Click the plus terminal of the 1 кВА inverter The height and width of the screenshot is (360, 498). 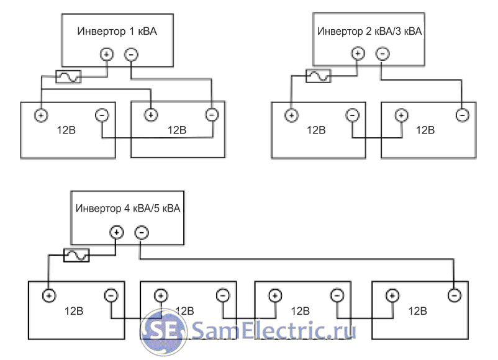106,55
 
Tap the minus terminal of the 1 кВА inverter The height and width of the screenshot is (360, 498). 131,55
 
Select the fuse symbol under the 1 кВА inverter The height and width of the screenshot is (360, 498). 68,76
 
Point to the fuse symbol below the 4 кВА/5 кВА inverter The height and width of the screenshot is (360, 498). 77,255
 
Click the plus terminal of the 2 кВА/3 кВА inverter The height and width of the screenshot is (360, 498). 358,54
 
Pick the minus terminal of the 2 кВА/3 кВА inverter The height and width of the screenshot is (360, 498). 383,54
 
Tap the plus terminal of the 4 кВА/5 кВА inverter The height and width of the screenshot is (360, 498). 117,233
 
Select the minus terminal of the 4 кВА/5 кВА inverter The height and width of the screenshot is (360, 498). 142,233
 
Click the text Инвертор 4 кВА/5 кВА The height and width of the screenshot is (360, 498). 128,209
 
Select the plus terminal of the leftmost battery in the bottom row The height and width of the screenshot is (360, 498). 49,295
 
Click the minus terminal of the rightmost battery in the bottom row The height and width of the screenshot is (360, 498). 455,295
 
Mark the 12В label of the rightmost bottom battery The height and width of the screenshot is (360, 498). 417,310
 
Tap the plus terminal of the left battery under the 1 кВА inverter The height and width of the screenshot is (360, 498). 41,115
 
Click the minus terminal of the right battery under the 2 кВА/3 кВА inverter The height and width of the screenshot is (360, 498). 461,115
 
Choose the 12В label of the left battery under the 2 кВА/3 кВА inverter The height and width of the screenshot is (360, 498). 315,130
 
